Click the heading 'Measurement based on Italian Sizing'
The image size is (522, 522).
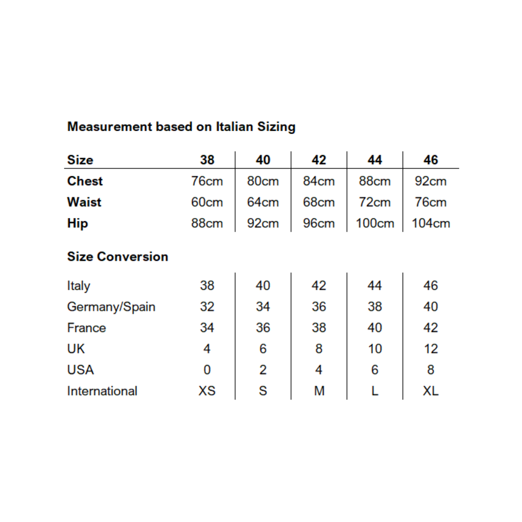coord(181,127)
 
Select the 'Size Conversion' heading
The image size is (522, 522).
coord(117,256)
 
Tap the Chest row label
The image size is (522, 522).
coord(85,181)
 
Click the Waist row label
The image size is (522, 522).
coord(84,202)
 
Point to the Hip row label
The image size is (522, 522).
coord(78,223)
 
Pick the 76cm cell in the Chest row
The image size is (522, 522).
coord(207,181)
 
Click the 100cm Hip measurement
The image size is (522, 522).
coord(375,223)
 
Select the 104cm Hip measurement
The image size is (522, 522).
coord(431,223)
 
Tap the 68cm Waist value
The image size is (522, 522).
coord(319,202)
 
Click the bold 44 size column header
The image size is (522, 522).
coord(375,160)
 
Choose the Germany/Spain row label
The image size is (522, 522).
coord(111,307)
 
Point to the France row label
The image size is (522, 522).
coord(86,328)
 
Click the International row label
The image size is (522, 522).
coord(102,391)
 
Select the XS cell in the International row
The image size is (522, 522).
coord(207,391)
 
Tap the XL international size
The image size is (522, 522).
coord(431,391)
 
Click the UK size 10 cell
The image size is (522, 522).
coord(375,349)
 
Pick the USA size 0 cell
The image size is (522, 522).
coord(207,370)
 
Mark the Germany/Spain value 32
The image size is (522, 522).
coord(207,307)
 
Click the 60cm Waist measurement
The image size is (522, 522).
coord(207,202)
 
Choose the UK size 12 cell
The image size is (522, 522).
coord(431,349)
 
